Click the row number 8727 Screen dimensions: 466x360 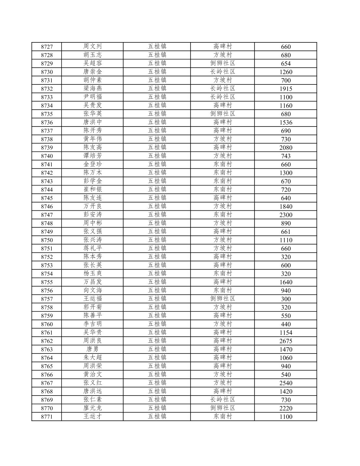pyautogui.click(x=47, y=47)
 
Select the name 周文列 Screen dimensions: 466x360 pyautogui.click(x=93, y=47)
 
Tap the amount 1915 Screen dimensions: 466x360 pyautogui.click(x=286, y=89)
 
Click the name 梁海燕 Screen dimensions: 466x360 pyautogui.click(x=93, y=89)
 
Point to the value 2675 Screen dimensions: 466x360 pyautogui.click(x=286, y=341)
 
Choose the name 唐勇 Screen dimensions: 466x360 pyautogui.click(x=93, y=349)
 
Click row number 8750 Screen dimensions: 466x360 pyautogui.click(x=47, y=240)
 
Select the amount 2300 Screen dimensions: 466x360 pyautogui.click(x=286, y=215)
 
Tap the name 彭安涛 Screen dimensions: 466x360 pyautogui.click(x=93, y=215)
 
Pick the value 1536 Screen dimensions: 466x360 pyautogui.click(x=286, y=122)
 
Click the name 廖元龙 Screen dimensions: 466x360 pyautogui.click(x=93, y=408)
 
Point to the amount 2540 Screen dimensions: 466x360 pyautogui.click(x=286, y=383)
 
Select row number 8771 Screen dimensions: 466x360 pyautogui.click(x=47, y=417)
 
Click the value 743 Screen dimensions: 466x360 pyautogui.click(x=286, y=156)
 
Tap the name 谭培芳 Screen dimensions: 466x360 pyautogui.click(x=93, y=156)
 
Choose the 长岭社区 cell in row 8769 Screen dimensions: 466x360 pyautogui.click(x=223, y=400)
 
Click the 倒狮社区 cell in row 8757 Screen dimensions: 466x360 pyautogui.click(x=223, y=299)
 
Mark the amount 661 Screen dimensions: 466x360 pyautogui.click(x=286, y=232)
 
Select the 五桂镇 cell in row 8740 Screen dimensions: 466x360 pyautogui.click(x=157, y=156)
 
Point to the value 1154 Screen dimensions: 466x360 pyautogui.click(x=286, y=333)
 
